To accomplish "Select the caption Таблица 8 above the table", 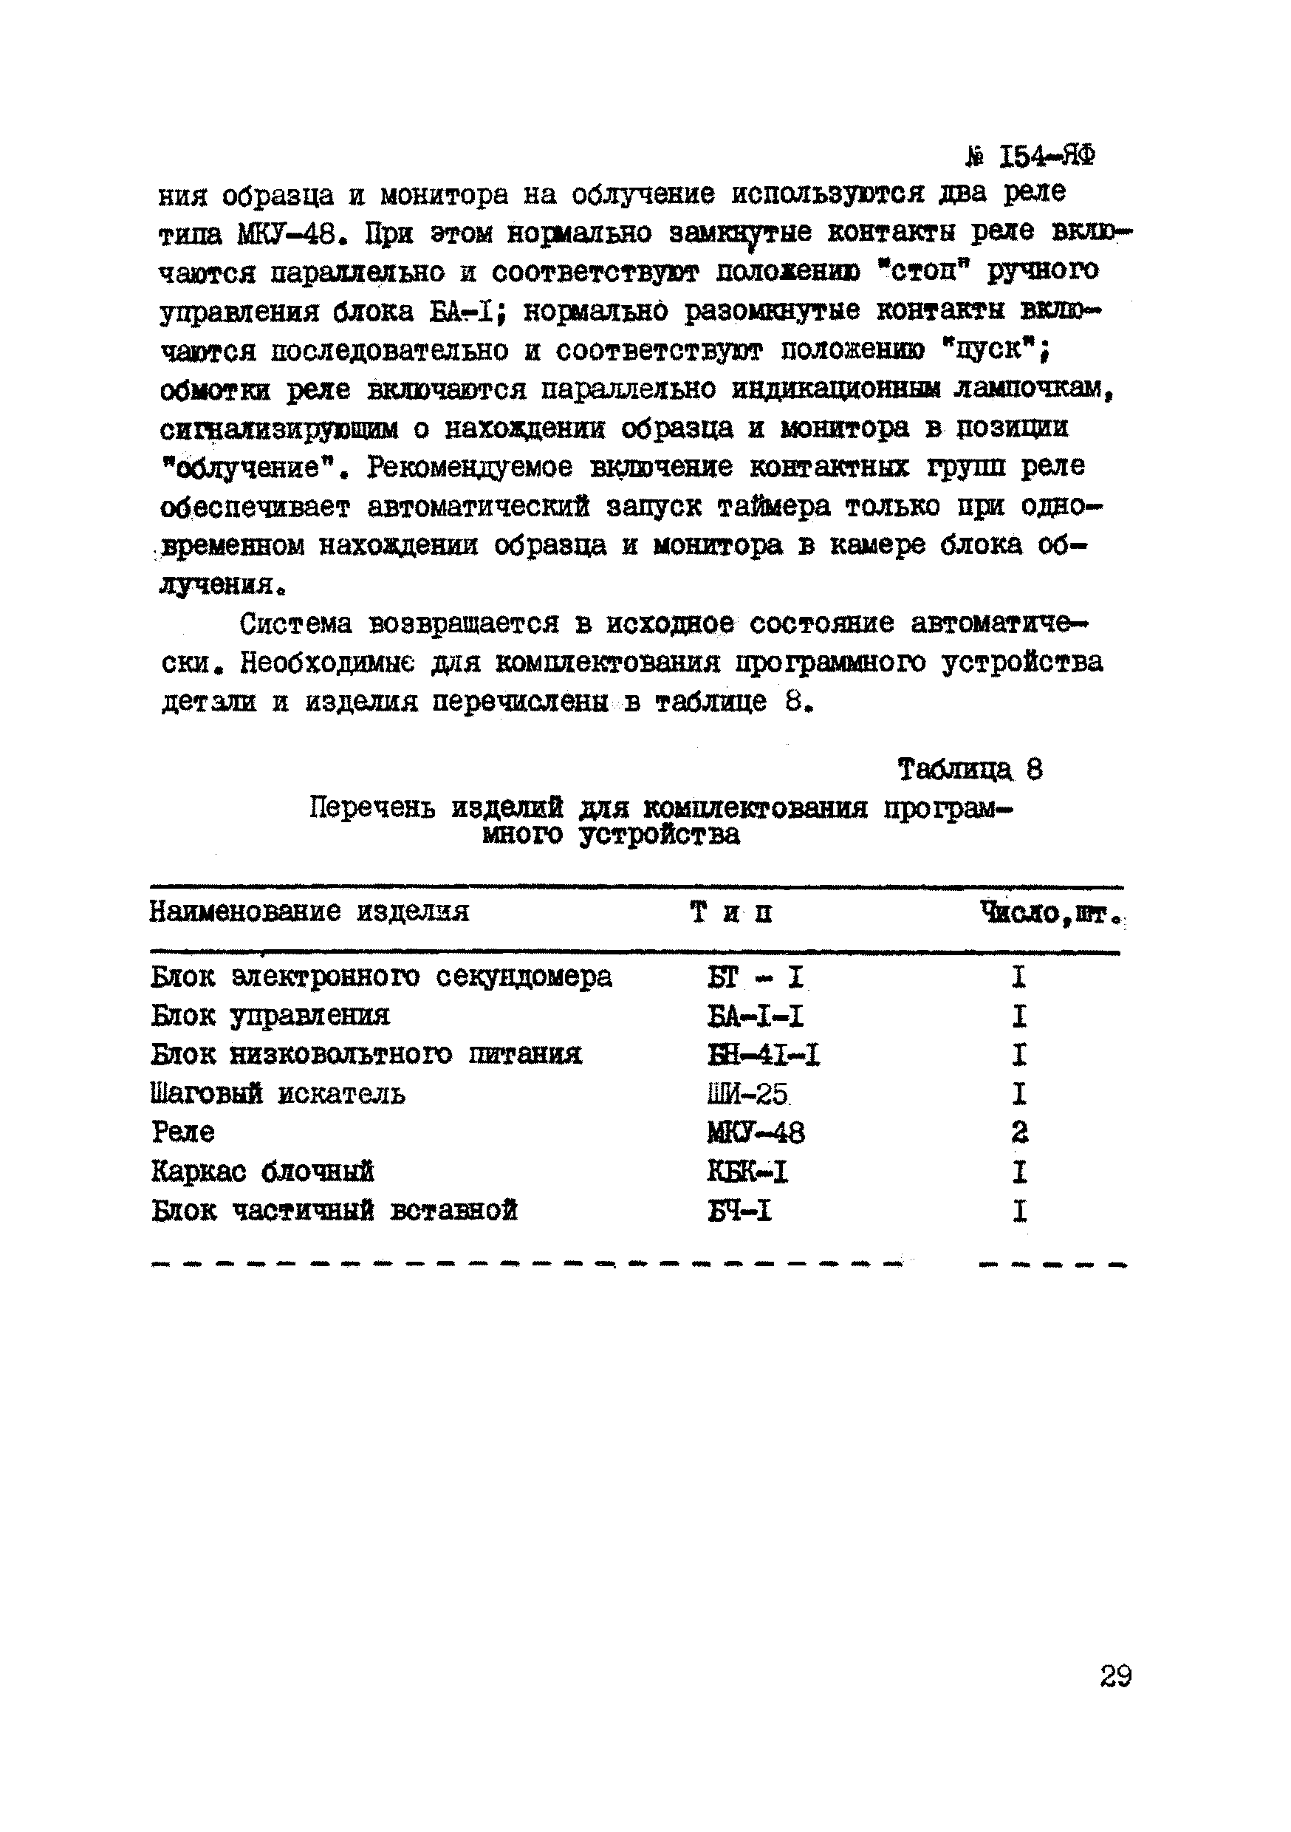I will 970,770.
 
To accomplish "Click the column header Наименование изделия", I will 309,912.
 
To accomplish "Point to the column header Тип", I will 731,912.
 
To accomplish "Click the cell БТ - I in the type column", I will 755,977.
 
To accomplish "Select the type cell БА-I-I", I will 755,1016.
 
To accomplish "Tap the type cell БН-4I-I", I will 763,1056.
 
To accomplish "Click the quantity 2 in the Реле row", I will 1019,1133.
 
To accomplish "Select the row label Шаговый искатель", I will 278,1094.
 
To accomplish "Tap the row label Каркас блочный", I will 262,1172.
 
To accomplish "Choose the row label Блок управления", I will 270,1016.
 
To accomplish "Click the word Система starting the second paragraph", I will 295,623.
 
